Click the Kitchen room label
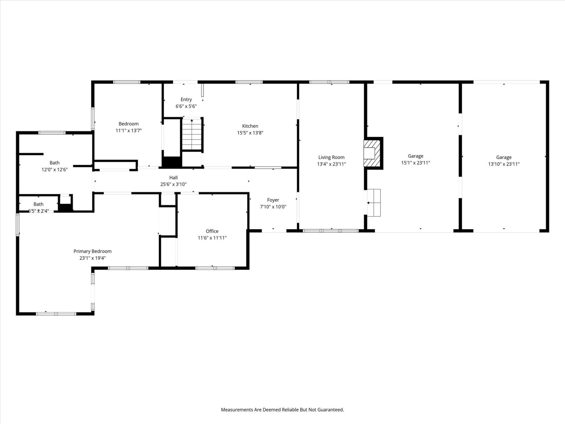250,126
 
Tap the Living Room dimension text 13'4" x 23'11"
331,164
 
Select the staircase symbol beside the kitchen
192,134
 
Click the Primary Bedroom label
92,251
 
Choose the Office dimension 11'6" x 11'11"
212,238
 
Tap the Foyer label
273,200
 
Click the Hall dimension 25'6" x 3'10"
173,184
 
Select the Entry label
186,100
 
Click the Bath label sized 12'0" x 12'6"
54,163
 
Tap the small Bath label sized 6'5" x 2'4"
38,204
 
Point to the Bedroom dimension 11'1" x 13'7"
129,130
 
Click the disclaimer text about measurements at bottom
282,410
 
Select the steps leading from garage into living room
374,203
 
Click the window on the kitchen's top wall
249,82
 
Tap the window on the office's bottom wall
215,268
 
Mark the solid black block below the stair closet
172,162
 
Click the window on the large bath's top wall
52,133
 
